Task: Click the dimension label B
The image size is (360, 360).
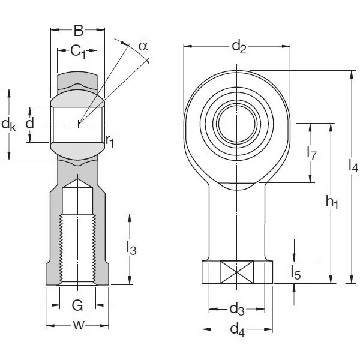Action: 77,31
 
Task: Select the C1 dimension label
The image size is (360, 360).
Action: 78,52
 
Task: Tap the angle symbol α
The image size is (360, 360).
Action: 142,46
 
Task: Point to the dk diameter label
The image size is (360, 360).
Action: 8,125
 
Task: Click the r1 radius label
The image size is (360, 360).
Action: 110,142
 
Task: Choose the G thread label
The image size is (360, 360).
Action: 77,306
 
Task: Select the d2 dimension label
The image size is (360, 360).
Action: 238,46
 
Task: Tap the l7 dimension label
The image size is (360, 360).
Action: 311,153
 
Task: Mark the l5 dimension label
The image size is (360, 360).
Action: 295,272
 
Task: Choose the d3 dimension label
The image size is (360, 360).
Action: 237,310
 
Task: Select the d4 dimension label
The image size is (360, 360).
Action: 237,329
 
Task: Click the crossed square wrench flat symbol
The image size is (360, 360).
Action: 238,272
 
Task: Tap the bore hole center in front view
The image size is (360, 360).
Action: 238,124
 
